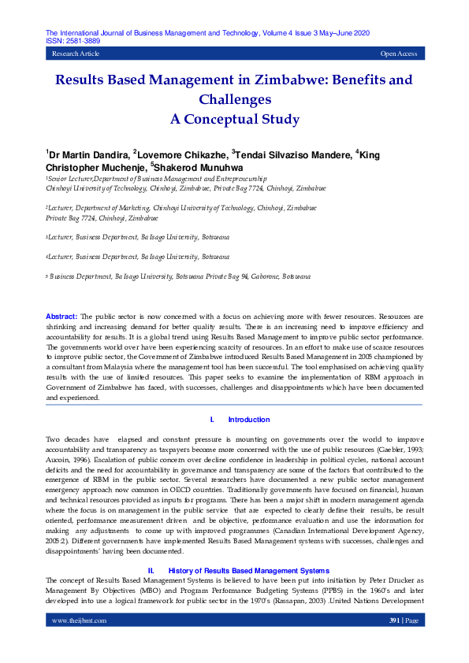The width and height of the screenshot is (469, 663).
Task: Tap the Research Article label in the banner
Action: pos(76,54)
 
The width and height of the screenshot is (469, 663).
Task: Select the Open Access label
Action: pos(399,54)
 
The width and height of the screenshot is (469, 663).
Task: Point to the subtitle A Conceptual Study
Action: pos(235,120)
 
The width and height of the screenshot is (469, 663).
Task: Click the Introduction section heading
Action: pos(248,420)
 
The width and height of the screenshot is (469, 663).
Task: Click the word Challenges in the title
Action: pos(235,100)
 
